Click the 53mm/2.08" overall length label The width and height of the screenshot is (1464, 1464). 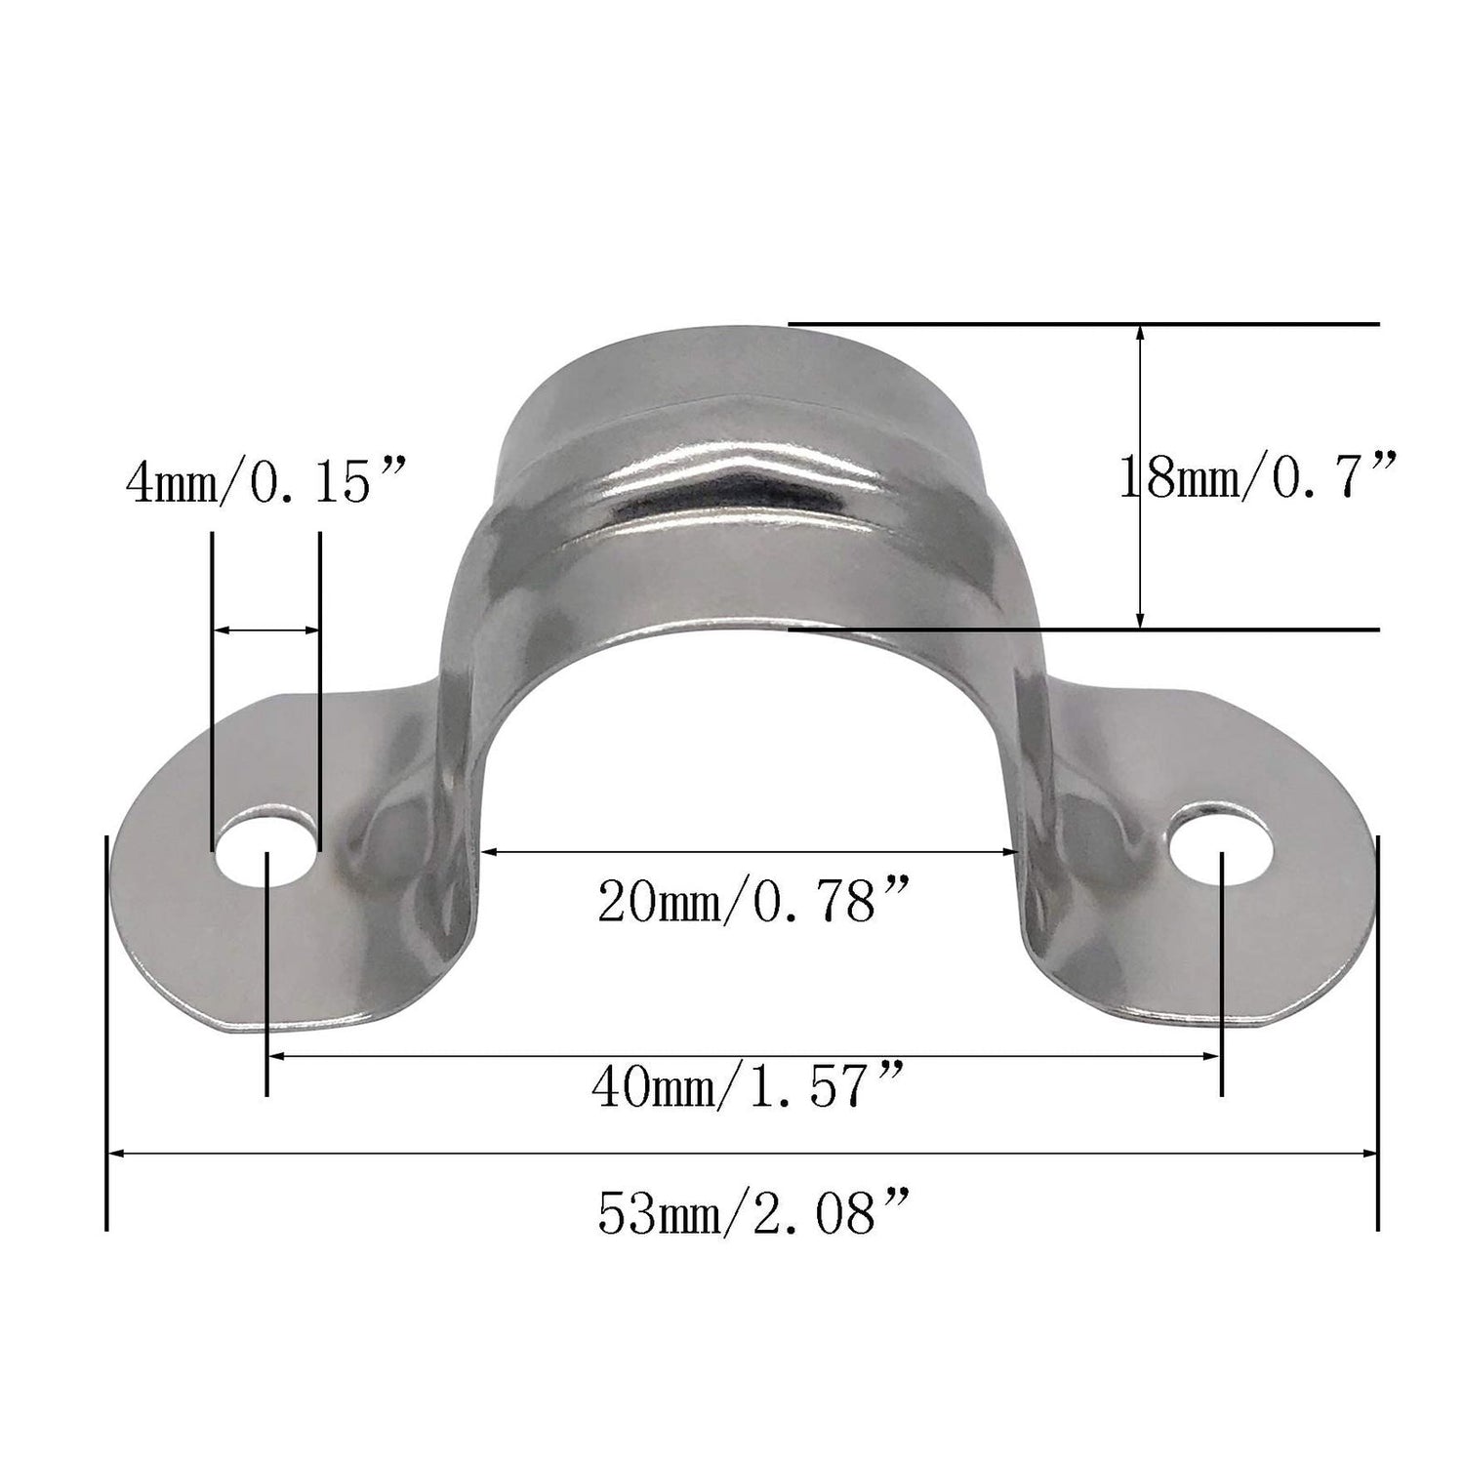coord(753,1212)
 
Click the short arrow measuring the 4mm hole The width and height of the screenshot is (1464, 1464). coord(265,630)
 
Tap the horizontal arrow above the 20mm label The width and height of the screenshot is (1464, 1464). coord(752,852)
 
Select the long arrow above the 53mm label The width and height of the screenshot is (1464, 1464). coord(742,1153)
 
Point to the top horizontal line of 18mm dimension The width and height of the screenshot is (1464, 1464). coord(1083,323)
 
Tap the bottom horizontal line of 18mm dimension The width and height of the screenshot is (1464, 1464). coord(1083,630)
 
